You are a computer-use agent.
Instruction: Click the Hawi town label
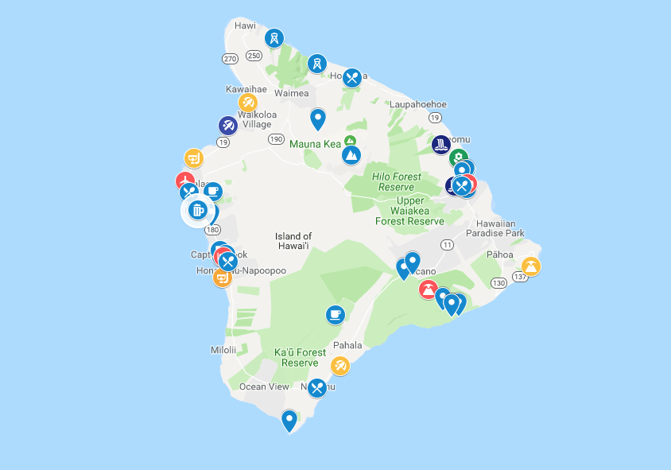(x=246, y=25)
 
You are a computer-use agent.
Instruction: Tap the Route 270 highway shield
(x=230, y=59)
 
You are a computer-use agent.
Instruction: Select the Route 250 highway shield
(x=254, y=56)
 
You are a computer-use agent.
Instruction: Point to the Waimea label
(x=291, y=93)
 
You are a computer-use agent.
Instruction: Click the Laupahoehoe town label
(x=417, y=104)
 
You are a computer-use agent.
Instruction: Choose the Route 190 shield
(x=276, y=139)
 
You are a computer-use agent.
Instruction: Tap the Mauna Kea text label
(x=315, y=144)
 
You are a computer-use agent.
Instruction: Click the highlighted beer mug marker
(x=197, y=211)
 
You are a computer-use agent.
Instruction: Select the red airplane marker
(x=185, y=182)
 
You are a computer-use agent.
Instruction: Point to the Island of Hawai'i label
(x=293, y=242)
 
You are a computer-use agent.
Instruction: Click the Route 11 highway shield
(x=447, y=244)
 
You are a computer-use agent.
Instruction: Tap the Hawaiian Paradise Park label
(x=495, y=228)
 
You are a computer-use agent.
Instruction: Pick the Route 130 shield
(x=498, y=283)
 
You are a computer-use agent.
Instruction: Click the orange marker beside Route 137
(x=531, y=266)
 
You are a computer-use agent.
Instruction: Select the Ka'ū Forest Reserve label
(x=300, y=357)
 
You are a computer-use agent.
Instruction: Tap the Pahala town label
(x=347, y=345)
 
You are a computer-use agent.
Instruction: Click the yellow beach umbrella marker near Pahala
(x=339, y=366)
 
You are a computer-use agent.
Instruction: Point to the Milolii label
(x=223, y=350)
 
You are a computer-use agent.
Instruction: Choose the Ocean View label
(x=264, y=387)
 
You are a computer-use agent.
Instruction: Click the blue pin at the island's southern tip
(x=289, y=420)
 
